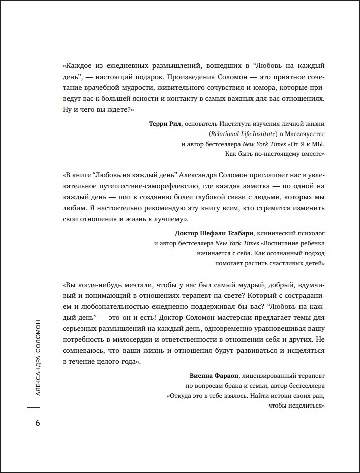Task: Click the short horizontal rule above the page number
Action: (x=33, y=407)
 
